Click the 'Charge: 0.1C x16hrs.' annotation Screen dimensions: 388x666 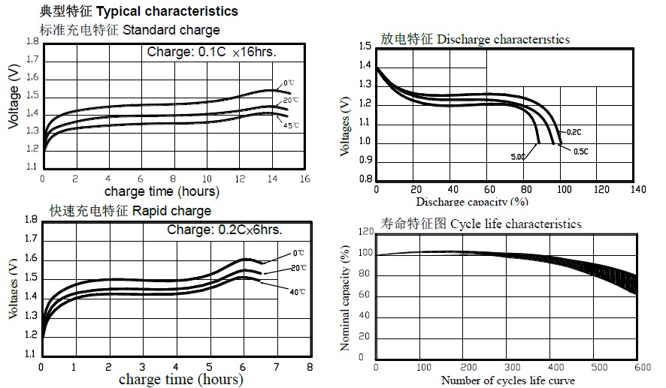pyautogui.click(x=211, y=53)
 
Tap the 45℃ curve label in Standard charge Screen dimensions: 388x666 pyautogui.click(x=291, y=125)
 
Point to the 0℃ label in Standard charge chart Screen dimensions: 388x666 pyautogui.click(x=289, y=83)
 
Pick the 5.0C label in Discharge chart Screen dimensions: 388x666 pyautogui.click(x=518, y=157)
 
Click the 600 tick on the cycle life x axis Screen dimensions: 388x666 pyautogui.click(x=641, y=368)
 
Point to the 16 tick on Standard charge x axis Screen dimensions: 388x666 pyautogui.click(x=304, y=179)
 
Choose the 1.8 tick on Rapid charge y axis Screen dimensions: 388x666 pyautogui.click(x=30, y=220)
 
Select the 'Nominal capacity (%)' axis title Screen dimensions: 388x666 pyautogui.click(x=345, y=297)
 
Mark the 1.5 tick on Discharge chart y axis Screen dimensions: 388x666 pyautogui.click(x=365, y=47)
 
